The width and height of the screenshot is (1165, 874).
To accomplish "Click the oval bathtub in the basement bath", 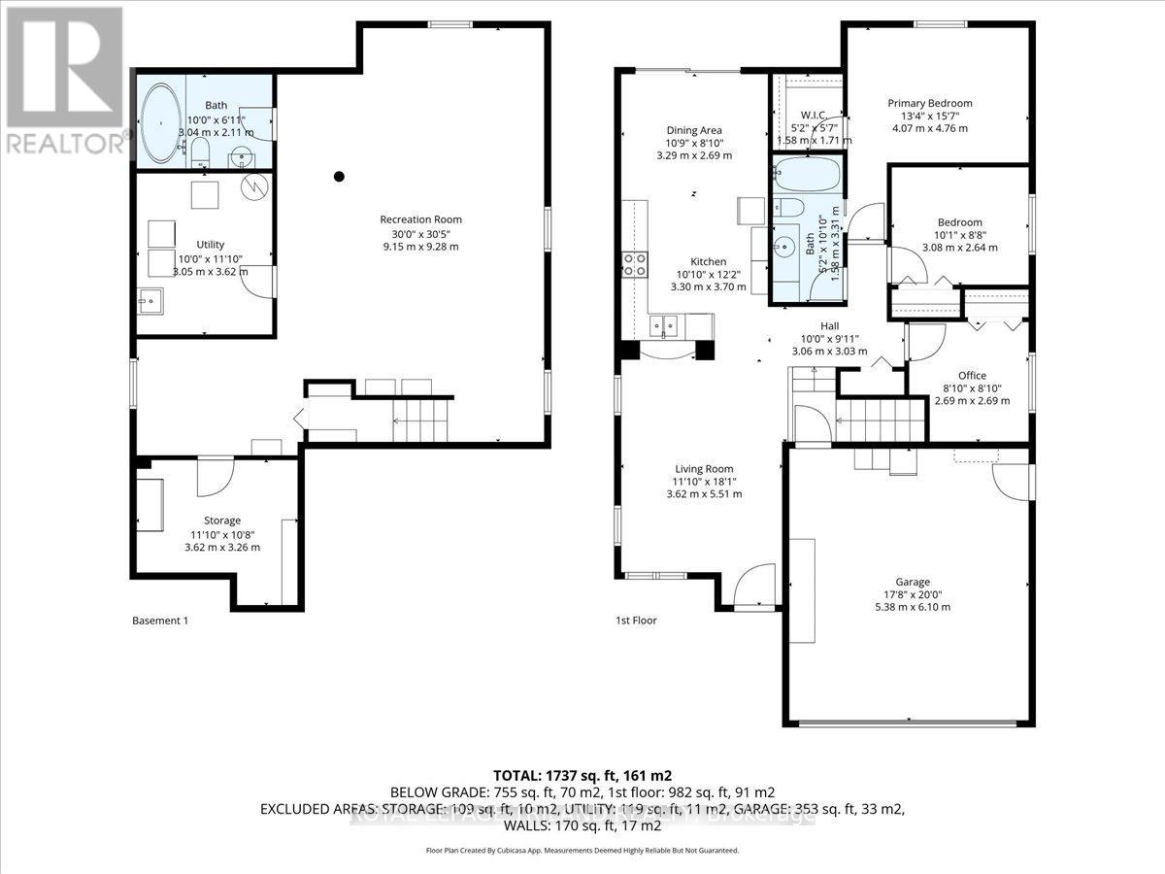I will coord(162,120).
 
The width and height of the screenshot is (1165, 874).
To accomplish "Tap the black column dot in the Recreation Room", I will coord(339,176).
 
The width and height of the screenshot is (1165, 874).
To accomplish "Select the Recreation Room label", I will coord(420,218).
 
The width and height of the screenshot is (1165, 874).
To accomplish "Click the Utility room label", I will coord(211,245).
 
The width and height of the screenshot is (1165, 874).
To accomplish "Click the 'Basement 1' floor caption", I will coord(159,620).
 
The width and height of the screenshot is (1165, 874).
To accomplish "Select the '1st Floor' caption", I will coord(636,620).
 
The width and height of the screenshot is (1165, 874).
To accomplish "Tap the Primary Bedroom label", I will coord(929,103).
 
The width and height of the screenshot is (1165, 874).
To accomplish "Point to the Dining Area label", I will coord(693,130).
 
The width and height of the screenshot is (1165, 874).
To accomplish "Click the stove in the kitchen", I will coord(635,263).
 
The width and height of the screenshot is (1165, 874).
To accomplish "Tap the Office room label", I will coord(972,376).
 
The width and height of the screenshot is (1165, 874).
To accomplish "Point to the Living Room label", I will coord(704,469).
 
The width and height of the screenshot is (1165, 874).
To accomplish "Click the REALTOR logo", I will coord(62,78).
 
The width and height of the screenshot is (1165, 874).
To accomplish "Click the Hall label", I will coord(829,326).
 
